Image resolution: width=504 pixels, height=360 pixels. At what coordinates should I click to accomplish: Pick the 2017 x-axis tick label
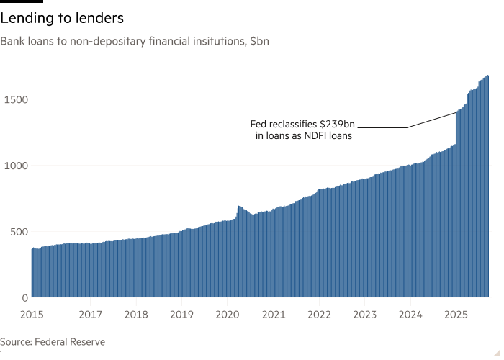click(90, 314)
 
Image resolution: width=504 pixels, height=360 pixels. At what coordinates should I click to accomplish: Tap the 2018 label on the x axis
click(136, 314)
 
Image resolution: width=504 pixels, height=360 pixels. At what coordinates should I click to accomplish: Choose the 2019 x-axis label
click(181, 314)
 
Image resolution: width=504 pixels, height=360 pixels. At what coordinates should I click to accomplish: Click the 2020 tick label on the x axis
click(228, 314)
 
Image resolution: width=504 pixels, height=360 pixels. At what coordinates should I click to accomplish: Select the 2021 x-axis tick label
click(273, 314)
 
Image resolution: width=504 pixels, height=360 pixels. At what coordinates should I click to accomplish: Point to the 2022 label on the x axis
click(319, 314)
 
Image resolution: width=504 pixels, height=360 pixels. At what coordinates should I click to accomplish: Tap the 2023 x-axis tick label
click(364, 314)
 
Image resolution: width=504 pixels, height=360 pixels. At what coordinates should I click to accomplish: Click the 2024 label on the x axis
click(410, 314)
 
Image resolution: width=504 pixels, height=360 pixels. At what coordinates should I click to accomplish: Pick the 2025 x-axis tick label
click(456, 314)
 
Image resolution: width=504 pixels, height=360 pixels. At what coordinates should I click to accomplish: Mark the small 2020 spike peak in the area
click(238, 206)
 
